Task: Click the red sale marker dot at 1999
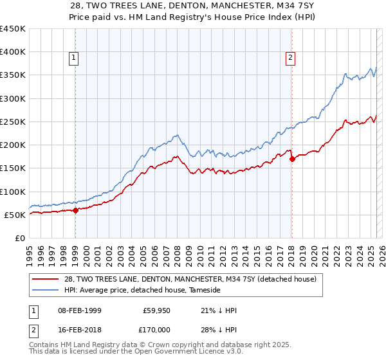75,210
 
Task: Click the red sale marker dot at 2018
292,158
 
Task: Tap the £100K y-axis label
12,192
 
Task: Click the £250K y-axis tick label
12,122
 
